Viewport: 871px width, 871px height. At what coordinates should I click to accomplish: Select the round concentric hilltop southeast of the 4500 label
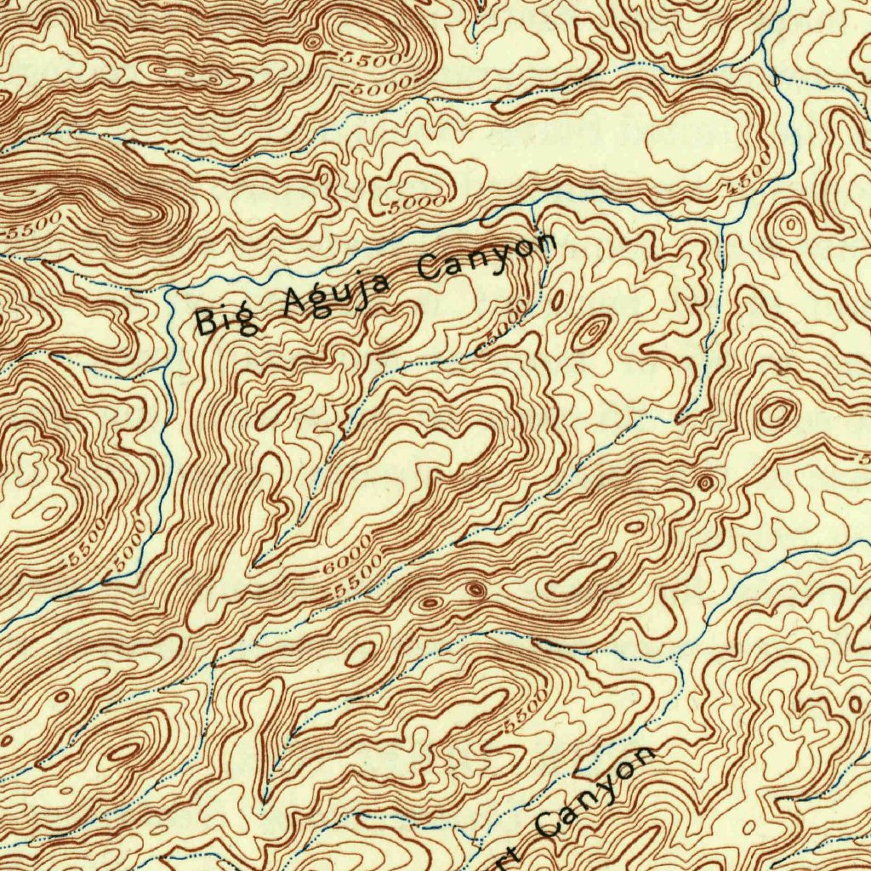click(x=790, y=226)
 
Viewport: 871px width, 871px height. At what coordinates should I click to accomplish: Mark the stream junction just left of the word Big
click(x=170, y=291)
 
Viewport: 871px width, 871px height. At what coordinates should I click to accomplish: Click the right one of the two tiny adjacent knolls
click(x=475, y=589)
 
